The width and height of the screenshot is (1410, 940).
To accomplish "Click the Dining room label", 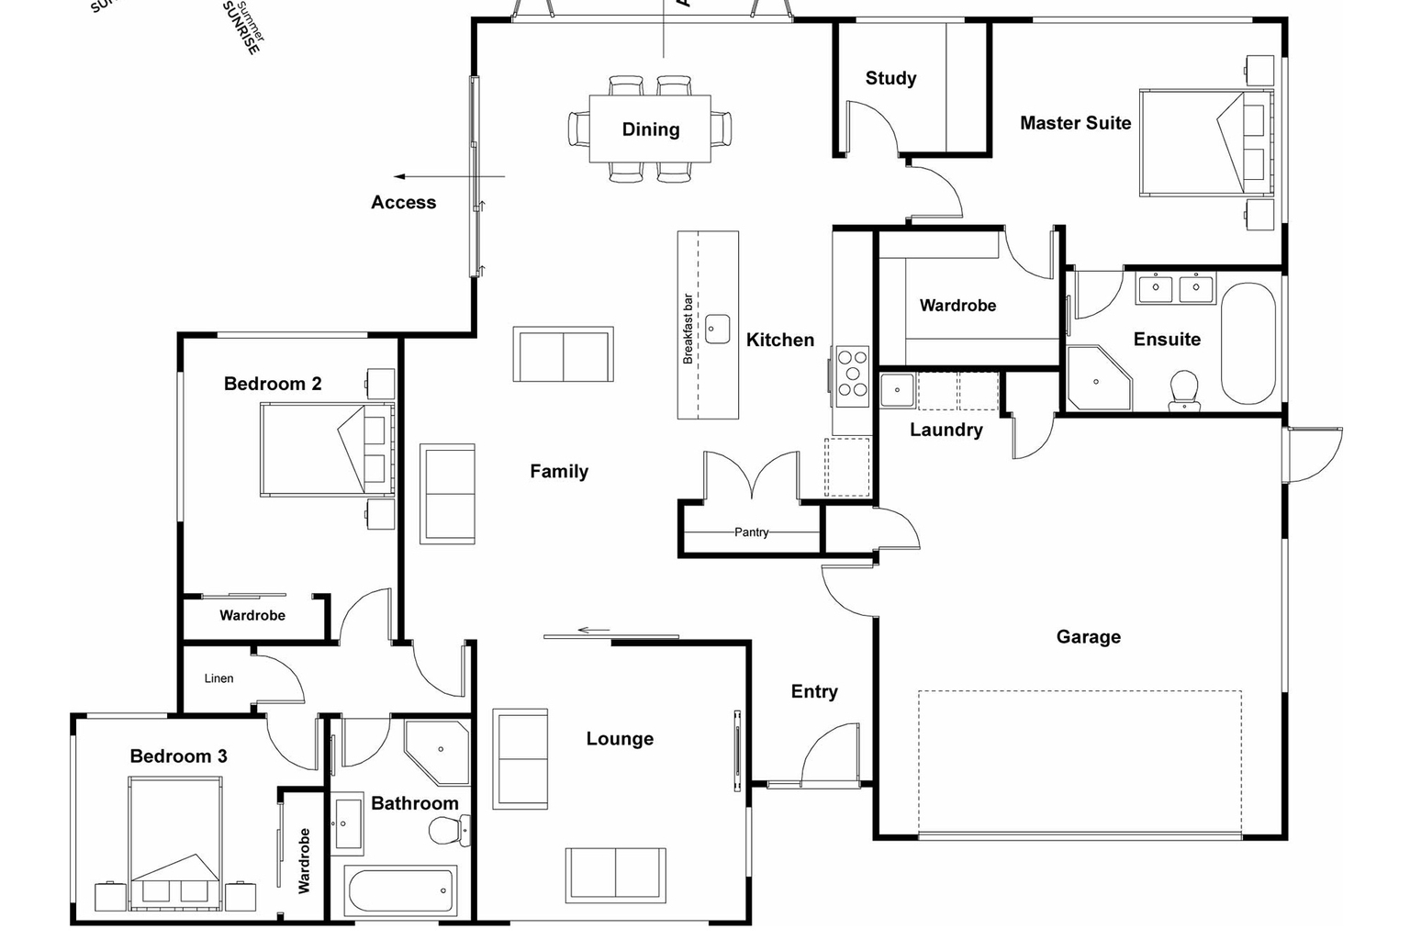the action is coord(650,129).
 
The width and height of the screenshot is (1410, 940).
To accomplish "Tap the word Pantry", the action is coord(751,532).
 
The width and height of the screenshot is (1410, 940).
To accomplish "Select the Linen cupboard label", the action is coord(218,678).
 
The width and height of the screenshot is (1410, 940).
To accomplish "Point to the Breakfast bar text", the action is coord(688,329).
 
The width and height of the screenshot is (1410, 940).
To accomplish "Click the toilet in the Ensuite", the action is coord(1184,389).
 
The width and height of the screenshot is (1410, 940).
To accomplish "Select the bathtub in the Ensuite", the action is coord(1248,342).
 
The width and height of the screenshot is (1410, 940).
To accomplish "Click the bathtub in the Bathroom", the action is coord(402,890).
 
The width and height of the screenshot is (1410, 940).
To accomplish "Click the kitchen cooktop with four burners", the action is coord(852,375).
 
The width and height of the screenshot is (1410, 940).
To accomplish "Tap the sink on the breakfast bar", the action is coord(717,329).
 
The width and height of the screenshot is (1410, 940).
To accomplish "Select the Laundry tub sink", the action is coord(897,389).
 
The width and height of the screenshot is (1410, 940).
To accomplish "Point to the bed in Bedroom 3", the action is coord(174,845).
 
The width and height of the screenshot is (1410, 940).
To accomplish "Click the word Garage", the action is coord(1088,636).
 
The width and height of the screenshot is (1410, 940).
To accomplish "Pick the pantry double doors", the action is coord(752,476).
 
